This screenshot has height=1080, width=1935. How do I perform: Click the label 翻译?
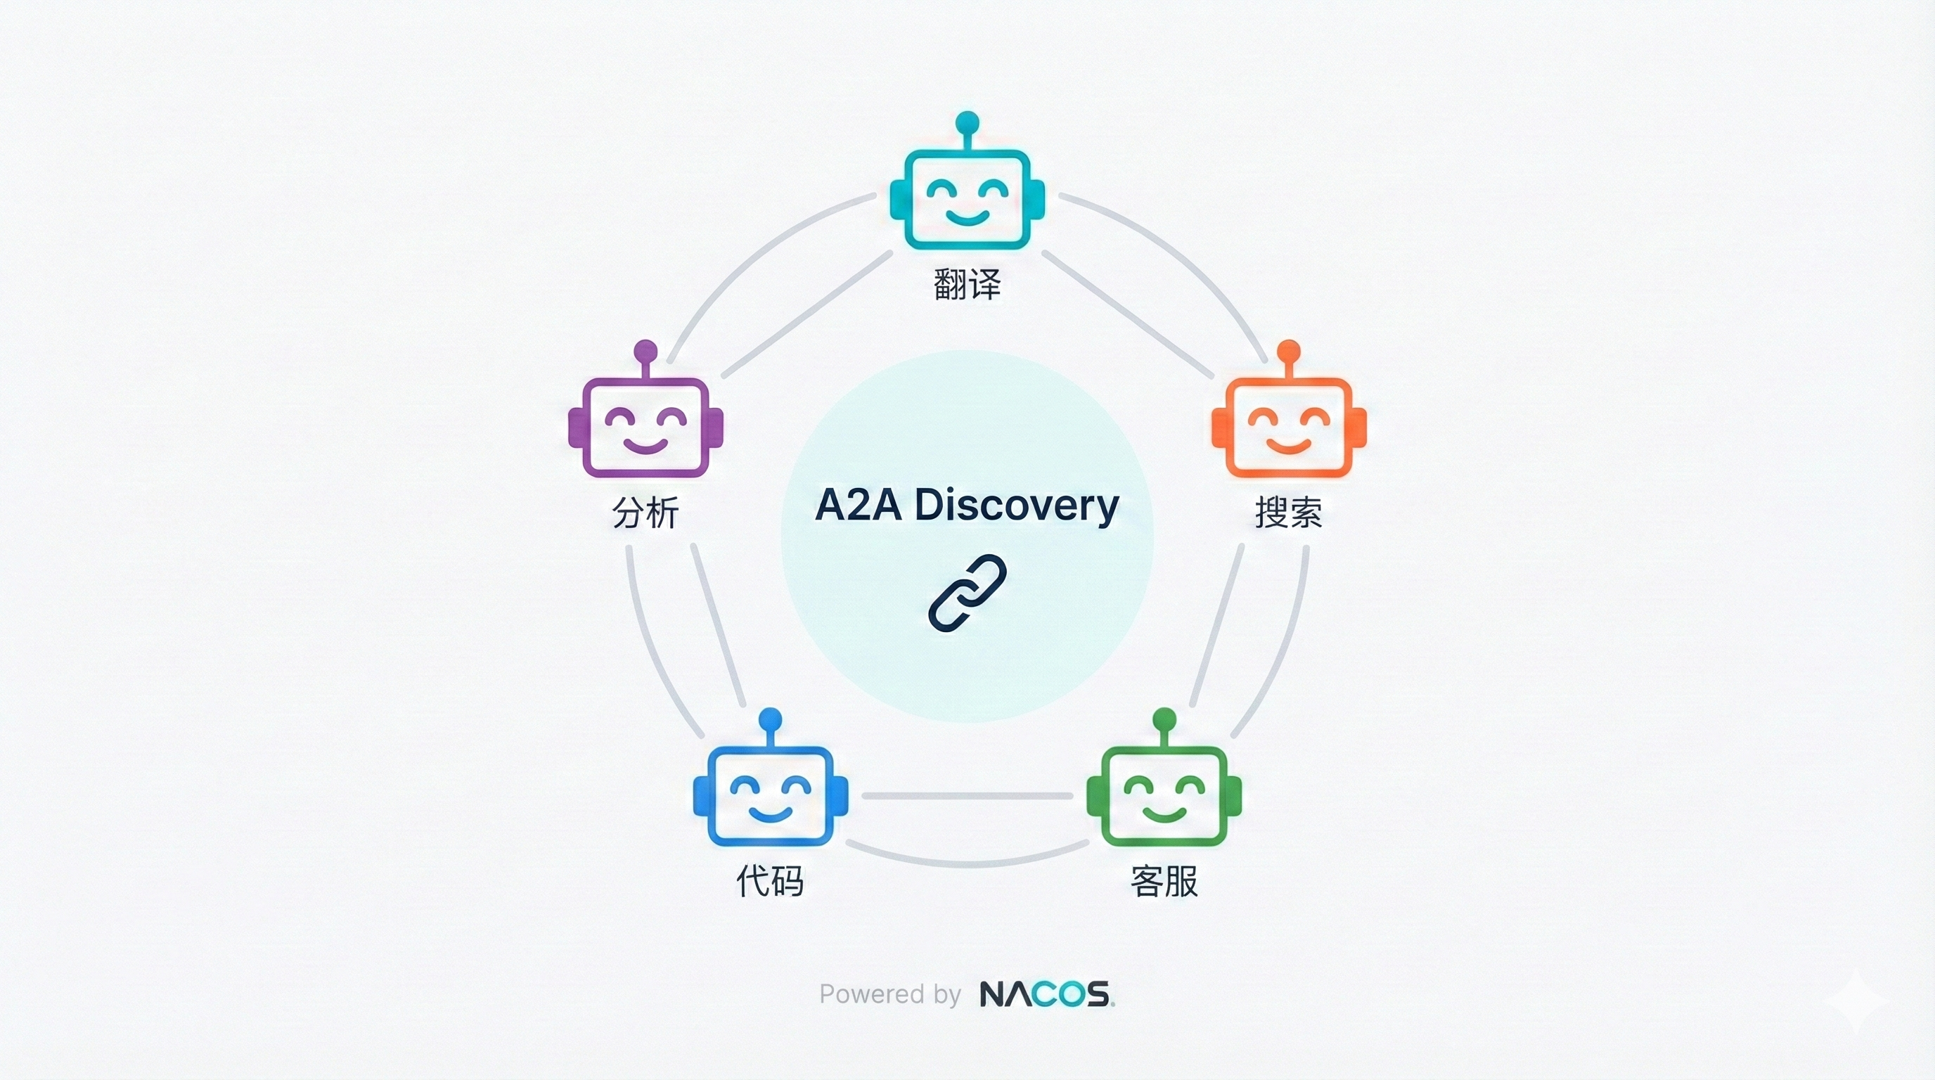[967, 284]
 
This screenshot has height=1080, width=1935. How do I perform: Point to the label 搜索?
[1288, 512]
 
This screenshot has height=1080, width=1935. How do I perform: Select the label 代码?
[770, 880]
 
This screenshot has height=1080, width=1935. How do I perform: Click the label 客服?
[1164, 881]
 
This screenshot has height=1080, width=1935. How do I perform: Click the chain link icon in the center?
[967, 593]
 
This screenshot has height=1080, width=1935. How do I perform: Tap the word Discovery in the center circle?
[1016, 506]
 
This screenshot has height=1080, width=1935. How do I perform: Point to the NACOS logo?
[1046, 994]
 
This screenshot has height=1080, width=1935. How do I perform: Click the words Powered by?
[889, 994]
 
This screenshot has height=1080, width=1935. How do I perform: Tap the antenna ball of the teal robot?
[967, 121]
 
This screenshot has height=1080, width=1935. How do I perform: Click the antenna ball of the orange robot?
[1288, 349]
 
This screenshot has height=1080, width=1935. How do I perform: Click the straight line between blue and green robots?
[967, 795]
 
